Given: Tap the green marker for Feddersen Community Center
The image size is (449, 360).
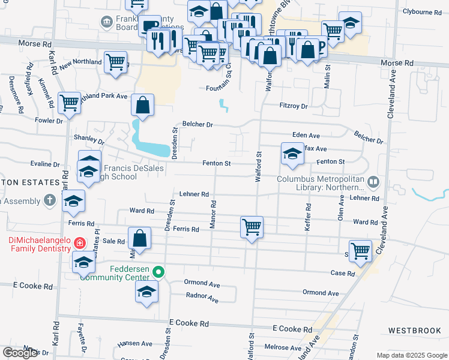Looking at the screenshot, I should pos(158,272).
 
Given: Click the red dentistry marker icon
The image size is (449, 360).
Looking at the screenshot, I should pos(79,243).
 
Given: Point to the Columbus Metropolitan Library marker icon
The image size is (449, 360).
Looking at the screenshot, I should pos(373,181).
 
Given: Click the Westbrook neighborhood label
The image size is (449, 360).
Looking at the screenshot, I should pos(415,331).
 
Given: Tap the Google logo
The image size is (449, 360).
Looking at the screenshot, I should pos(20,353).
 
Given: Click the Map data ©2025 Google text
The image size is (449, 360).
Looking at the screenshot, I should pos(411,355).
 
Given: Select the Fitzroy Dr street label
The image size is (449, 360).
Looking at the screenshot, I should pos(294,106).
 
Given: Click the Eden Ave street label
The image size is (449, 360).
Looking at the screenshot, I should pos(306,136).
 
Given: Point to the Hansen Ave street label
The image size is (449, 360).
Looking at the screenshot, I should pos(135,344).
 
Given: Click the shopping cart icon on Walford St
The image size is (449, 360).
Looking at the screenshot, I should pos(252,227).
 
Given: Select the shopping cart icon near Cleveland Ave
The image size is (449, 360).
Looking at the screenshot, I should pos(361,251).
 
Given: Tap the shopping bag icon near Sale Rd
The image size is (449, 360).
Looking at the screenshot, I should pos(140,238).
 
